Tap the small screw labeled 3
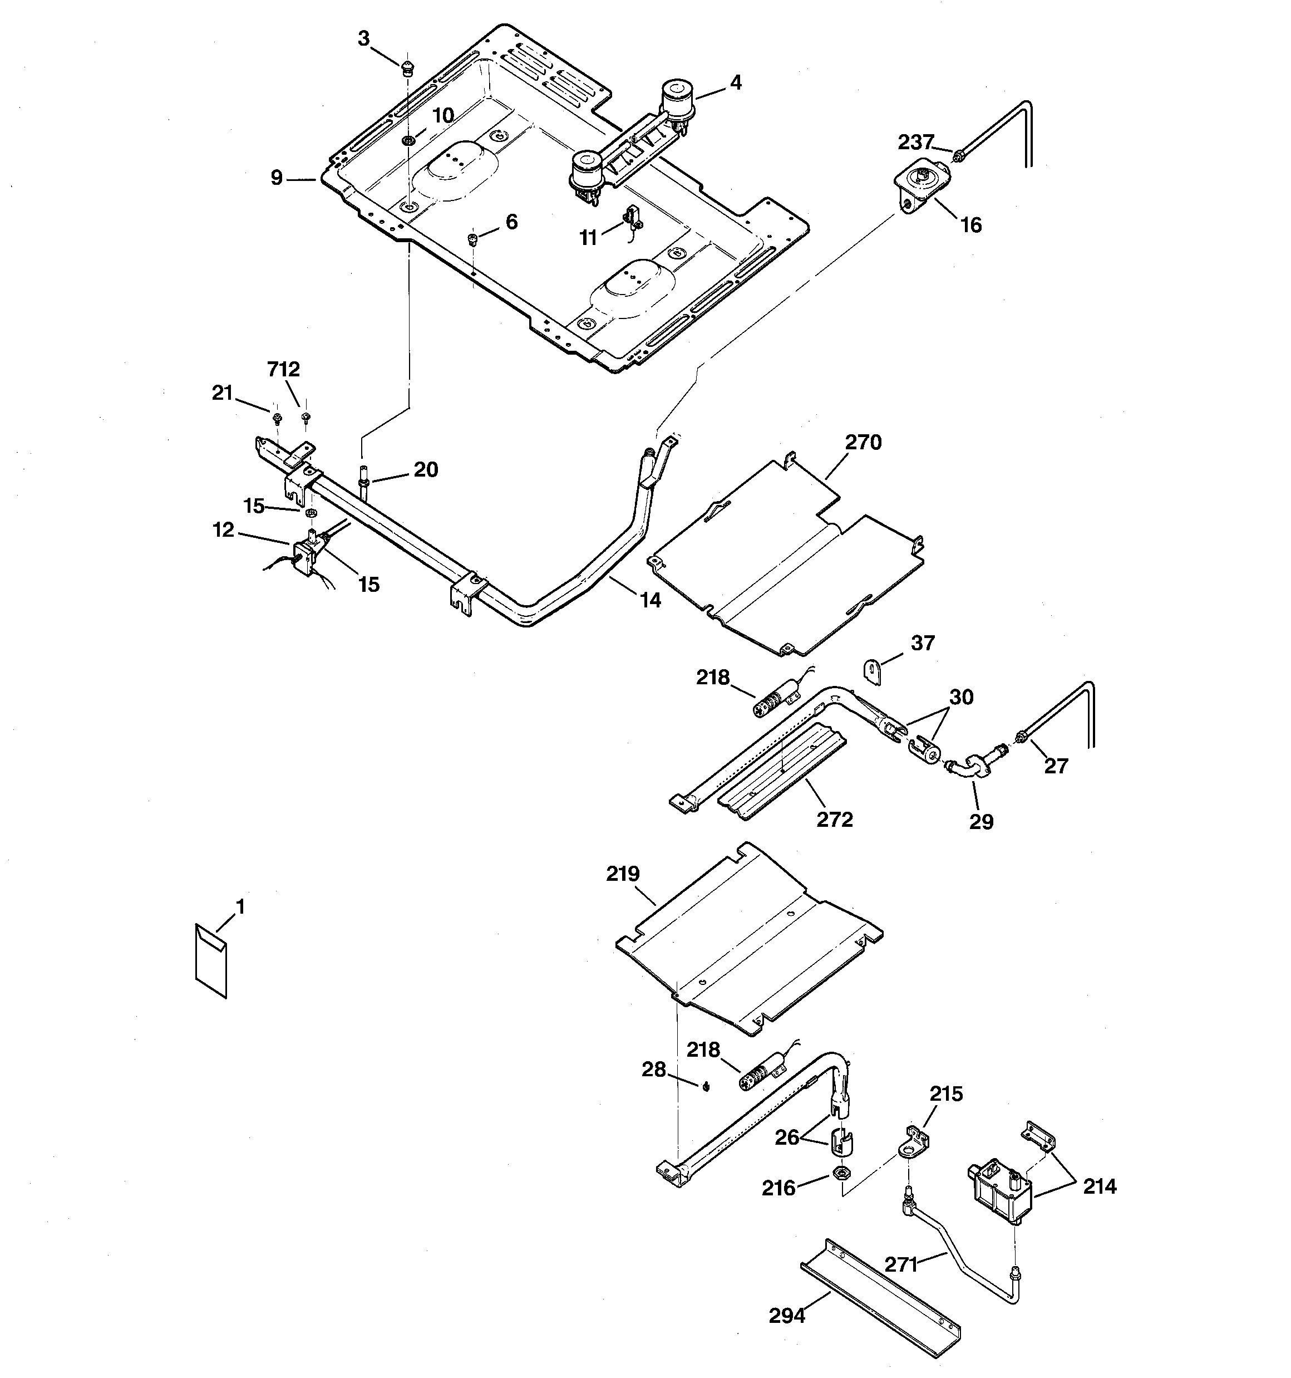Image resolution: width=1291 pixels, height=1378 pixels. point(407,67)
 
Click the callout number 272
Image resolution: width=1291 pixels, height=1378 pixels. point(834,820)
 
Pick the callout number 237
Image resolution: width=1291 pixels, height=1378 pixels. point(916,142)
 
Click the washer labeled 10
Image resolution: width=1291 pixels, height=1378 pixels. point(408,141)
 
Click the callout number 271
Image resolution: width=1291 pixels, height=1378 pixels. point(901,1264)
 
